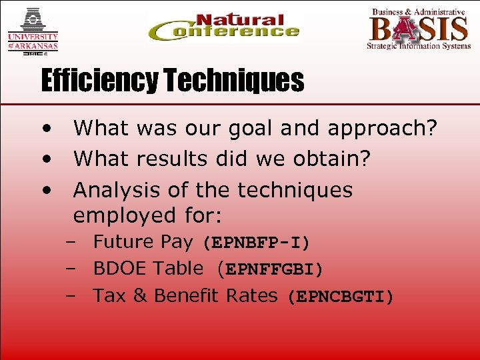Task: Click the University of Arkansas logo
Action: coord(33,30)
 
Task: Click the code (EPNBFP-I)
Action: coord(256,243)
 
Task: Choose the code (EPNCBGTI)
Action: coord(340,296)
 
